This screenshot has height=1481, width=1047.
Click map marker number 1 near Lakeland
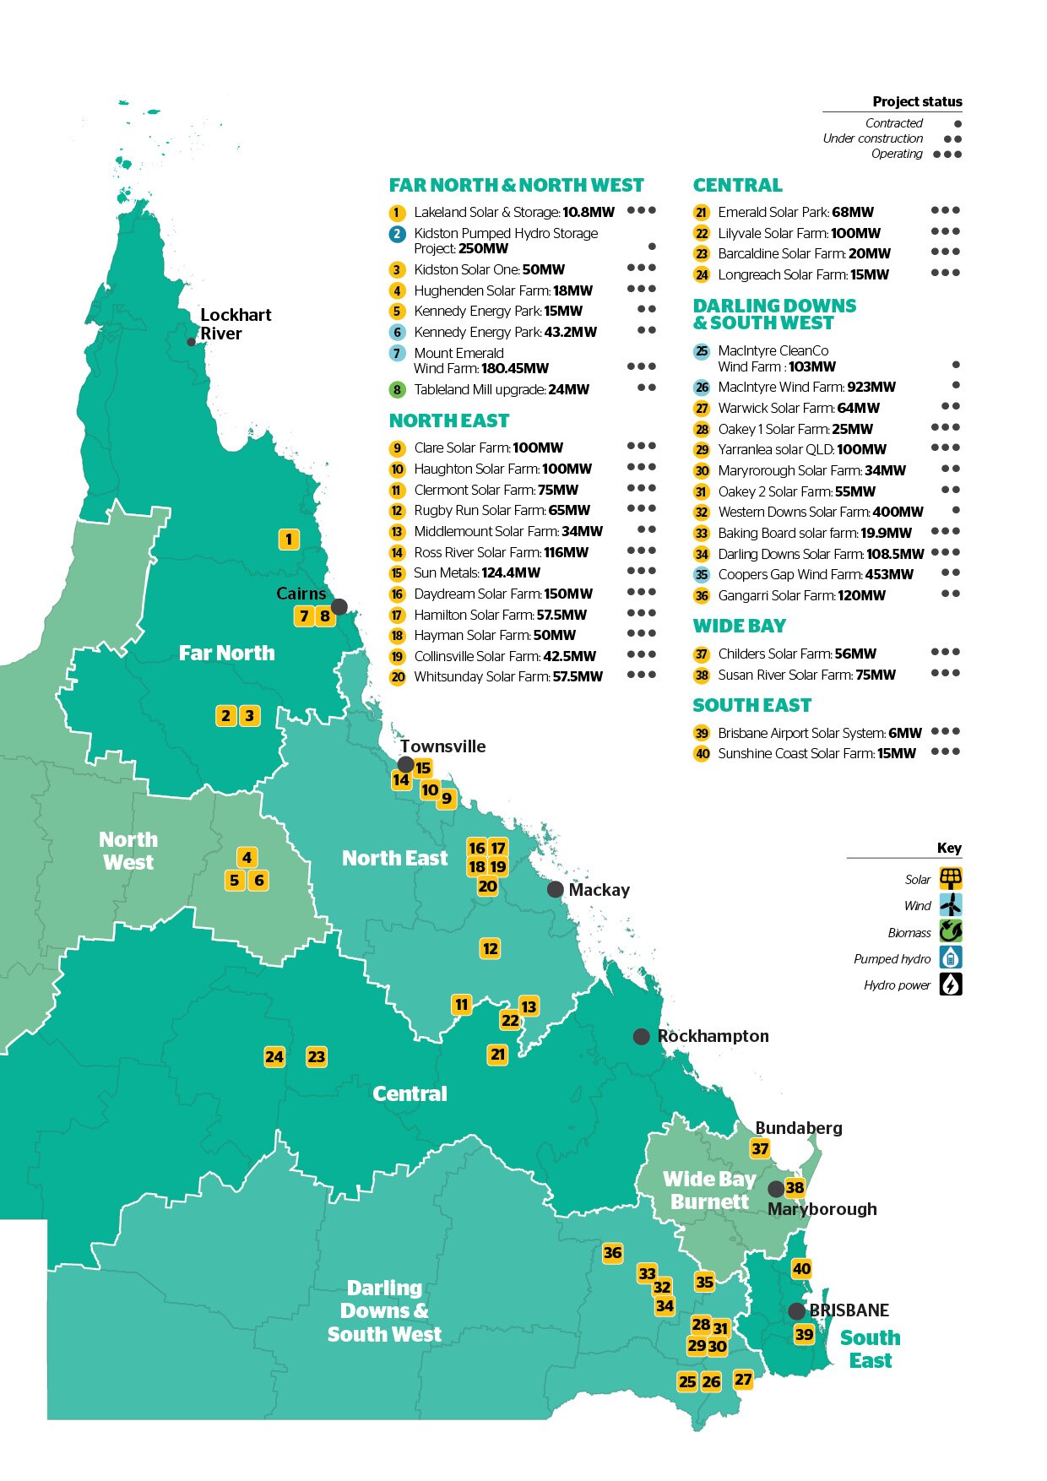[289, 539]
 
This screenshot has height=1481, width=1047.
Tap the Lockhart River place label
[235, 324]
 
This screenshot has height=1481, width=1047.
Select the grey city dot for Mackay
[555, 889]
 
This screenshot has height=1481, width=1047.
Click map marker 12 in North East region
[490, 948]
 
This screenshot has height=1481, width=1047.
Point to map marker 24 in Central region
[274, 1056]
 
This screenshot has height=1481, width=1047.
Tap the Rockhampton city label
[713, 1036]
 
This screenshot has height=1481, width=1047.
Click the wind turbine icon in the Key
[951, 905]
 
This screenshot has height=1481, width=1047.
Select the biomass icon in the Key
[951, 931]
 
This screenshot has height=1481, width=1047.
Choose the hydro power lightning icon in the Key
[951, 985]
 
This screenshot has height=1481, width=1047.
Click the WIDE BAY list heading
[739, 626]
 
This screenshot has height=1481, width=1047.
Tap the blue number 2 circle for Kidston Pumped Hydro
[398, 234]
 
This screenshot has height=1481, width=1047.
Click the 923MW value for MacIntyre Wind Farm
[871, 387]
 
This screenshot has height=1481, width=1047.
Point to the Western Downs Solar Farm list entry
[820, 512]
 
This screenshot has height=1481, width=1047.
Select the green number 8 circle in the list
[398, 390]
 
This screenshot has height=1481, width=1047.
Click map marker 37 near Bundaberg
[760, 1148]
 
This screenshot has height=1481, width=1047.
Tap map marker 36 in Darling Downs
[613, 1253]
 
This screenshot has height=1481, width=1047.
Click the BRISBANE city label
[849, 1310]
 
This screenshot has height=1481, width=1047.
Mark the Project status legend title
[917, 101]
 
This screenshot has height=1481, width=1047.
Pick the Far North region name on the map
[226, 653]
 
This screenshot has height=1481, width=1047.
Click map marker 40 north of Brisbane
[801, 1268]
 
